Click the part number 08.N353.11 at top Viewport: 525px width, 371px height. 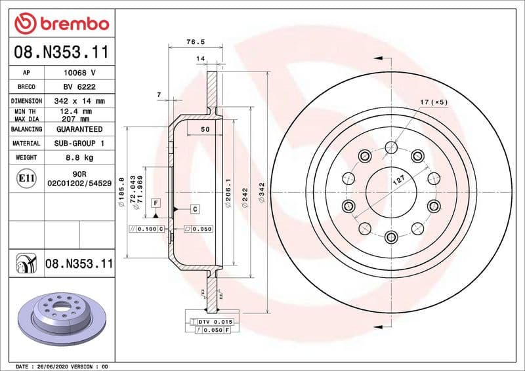[x=60, y=52]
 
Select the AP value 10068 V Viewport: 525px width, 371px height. [x=79, y=73]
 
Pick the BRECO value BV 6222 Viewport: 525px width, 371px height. [x=79, y=87]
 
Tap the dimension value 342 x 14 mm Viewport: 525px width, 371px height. [x=79, y=102]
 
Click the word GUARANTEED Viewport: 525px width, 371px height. [x=79, y=130]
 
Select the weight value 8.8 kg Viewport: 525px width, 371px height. [x=79, y=158]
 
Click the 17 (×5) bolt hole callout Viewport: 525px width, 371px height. [x=433, y=102]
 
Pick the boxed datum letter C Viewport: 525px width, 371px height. [x=195, y=208]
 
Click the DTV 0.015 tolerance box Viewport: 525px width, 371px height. [x=215, y=322]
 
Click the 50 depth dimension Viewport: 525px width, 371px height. [x=205, y=130]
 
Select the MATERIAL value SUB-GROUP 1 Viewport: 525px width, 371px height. [x=79, y=144]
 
